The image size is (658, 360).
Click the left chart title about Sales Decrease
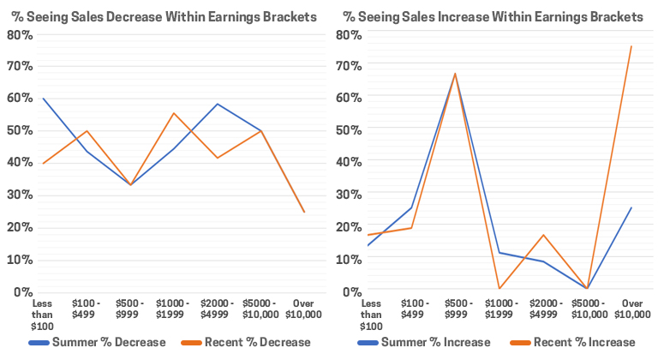point(164,16)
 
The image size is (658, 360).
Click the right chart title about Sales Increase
point(493,16)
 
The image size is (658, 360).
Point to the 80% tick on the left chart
point(20,34)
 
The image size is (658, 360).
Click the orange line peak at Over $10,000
point(631,46)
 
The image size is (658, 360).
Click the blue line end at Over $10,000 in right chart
point(631,207)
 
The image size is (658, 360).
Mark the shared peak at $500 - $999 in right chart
point(455,74)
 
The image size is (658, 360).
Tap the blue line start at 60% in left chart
point(42,99)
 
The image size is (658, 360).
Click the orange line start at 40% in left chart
point(42,163)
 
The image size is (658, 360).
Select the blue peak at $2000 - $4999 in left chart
point(218,104)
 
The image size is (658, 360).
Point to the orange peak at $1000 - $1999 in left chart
point(174,113)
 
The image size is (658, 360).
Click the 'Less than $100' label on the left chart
point(42,314)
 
